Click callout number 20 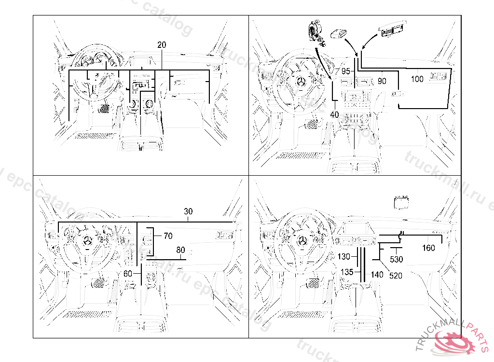point(162,45)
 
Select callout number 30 point(189,211)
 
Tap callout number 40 point(335,114)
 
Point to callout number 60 point(128,273)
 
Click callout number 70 point(167,236)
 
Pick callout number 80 point(180,250)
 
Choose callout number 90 point(382,81)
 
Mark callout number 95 point(346,71)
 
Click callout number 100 point(417,79)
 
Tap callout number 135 point(347,272)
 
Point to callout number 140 point(377,275)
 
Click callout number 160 point(428,248)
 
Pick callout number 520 point(396,276)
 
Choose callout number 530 point(397,260)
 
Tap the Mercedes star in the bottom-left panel point(87,241)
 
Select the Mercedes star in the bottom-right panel point(302,241)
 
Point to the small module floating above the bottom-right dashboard point(401,202)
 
